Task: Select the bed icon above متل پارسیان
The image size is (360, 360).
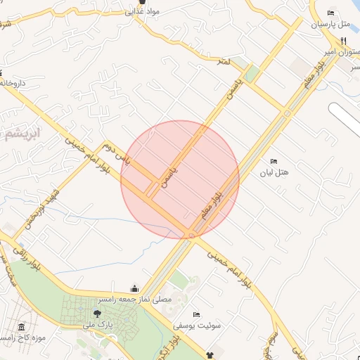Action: point(330,13)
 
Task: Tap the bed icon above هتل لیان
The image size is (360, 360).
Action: point(274,162)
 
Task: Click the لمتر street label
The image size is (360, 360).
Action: point(224,63)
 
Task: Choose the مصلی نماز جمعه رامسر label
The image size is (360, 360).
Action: point(134,300)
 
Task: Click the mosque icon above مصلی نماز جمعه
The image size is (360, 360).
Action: point(134,288)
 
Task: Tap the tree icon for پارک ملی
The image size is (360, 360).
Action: point(97,314)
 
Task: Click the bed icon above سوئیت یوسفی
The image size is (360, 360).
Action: point(196,314)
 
